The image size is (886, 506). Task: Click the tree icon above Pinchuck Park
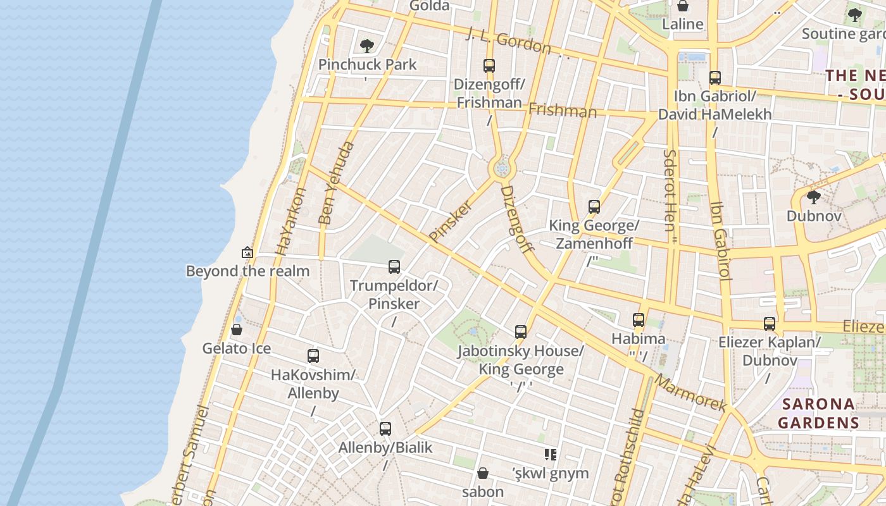pos(366,46)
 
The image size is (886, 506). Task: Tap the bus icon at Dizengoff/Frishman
pos(489,65)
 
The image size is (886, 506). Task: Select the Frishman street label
pos(562,111)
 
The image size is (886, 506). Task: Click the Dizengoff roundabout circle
pos(502,169)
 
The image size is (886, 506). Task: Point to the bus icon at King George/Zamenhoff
pos(594,207)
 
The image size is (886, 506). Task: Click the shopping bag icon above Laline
pos(683,6)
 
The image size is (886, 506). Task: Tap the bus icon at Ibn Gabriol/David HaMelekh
pos(714,78)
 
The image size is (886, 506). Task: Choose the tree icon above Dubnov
pos(814,197)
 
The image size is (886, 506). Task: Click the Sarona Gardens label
pos(818,413)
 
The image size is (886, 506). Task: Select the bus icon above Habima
pos(638,320)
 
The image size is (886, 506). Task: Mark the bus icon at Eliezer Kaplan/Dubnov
pos(769,324)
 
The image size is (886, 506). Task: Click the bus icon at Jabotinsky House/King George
pos(520,332)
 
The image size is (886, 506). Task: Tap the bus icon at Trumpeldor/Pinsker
pos(394,267)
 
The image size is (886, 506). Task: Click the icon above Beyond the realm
pos(247,252)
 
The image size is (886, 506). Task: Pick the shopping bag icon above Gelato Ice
pos(236,330)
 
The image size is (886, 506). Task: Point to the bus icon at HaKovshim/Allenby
pos(313,356)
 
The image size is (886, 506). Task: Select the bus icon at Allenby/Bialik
pos(385,429)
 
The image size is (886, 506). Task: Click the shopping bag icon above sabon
pos(482,473)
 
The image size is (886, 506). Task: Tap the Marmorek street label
pos(690,392)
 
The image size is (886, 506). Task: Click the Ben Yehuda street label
pos(336,183)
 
